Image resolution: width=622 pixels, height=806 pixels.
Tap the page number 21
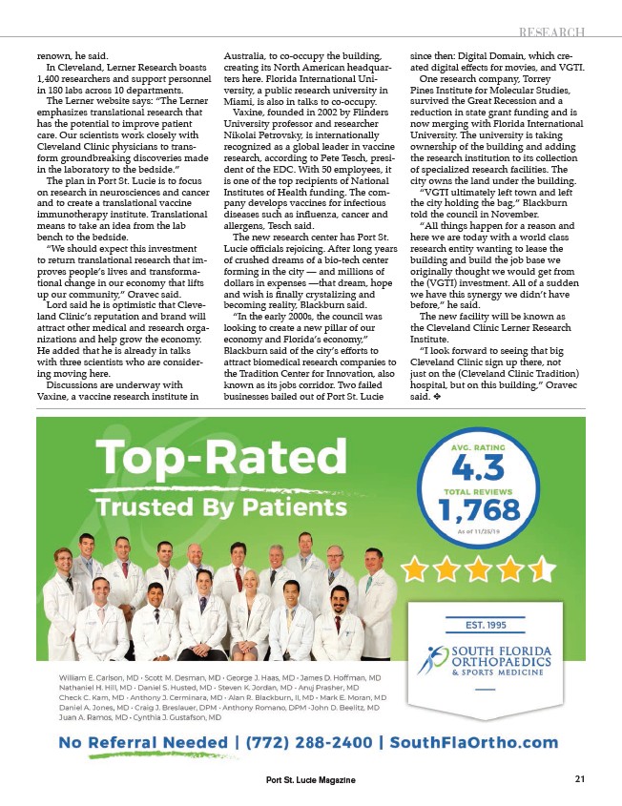pos(579,779)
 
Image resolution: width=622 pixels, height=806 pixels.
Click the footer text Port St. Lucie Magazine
pos(310,780)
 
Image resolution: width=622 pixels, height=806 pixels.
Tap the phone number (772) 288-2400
pos(307,742)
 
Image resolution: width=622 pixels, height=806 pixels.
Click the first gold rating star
pos(416,571)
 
